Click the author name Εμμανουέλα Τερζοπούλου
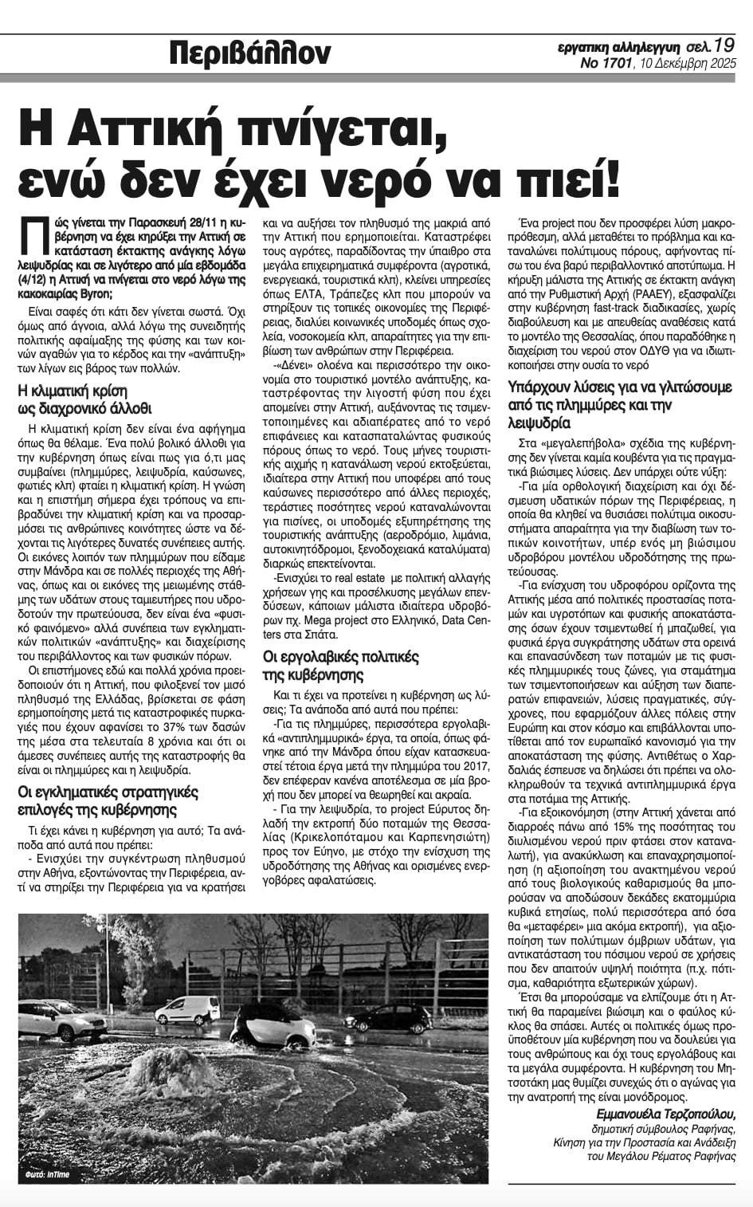(665, 1114)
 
